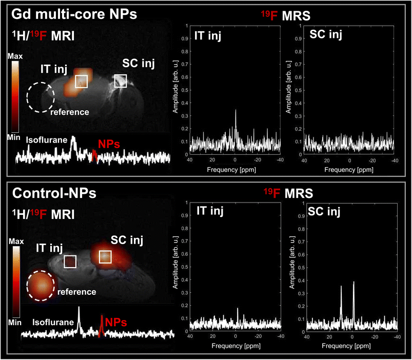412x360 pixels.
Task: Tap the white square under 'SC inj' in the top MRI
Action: tap(121, 81)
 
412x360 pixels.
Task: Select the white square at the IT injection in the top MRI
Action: tap(81, 81)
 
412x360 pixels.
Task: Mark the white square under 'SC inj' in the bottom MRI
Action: tap(105, 256)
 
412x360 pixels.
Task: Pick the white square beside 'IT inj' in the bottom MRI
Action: tap(69, 262)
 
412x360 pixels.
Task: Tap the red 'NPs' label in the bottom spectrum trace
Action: tap(117, 323)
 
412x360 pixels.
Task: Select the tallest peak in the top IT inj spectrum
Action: tap(236, 110)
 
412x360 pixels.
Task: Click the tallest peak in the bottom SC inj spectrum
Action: tap(354, 282)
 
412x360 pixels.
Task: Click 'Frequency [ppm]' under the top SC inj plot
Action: tap(349, 168)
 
